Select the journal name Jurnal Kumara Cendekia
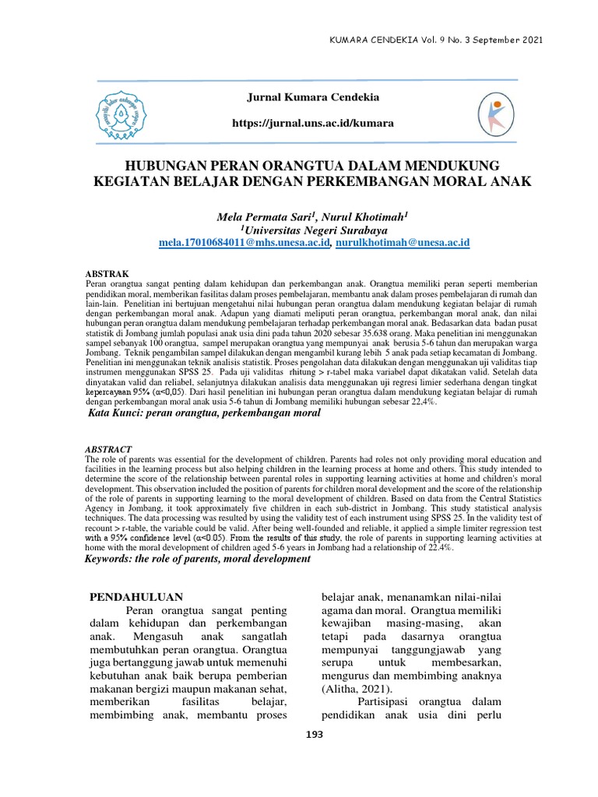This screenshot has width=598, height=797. coord(301,97)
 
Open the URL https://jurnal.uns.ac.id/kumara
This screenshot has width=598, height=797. coord(309,124)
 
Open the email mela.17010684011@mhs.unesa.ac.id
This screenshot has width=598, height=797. coord(244,244)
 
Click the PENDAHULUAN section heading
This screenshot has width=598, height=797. coord(138,598)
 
